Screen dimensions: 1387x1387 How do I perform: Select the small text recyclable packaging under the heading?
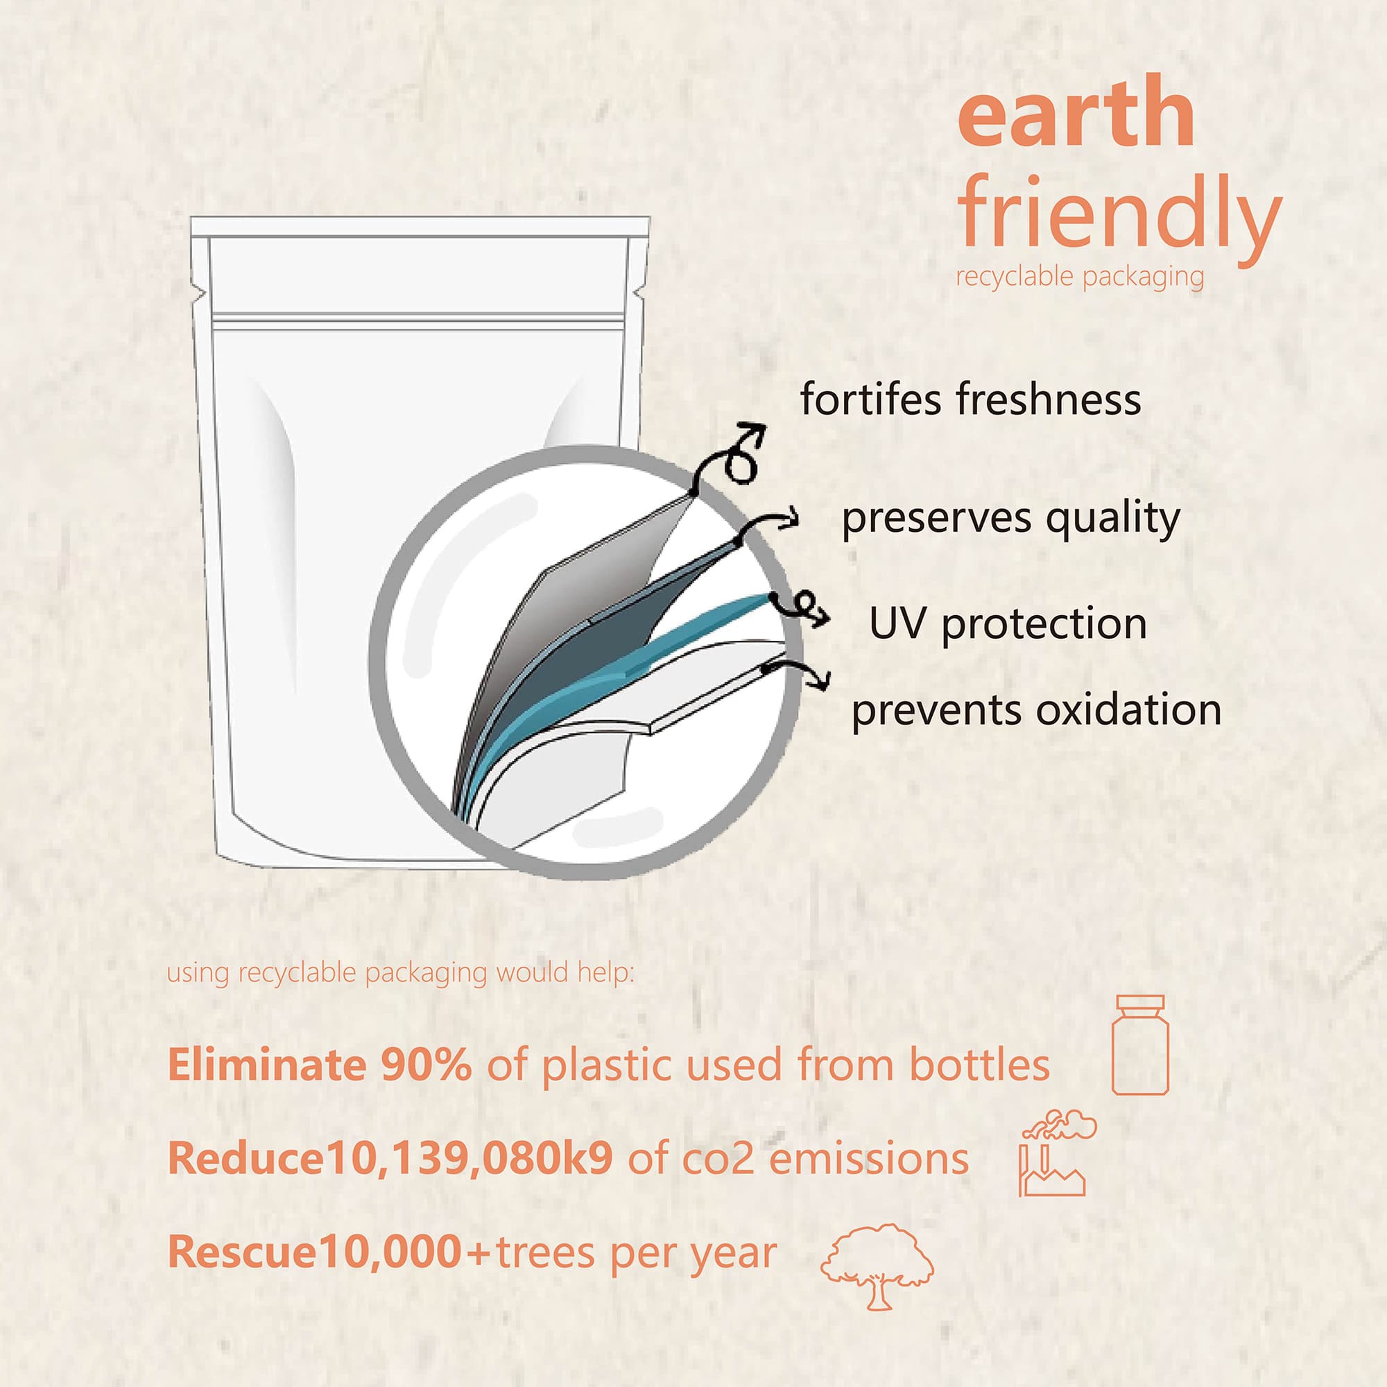pos(1080,277)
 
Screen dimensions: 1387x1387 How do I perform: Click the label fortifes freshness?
pos(971,399)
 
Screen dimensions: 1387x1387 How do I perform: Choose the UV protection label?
pos(1008,623)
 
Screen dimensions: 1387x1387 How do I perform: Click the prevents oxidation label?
pos(1037,711)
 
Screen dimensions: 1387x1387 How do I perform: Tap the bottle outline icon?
pos(1140,1044)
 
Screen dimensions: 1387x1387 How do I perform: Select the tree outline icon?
pos(877,1267)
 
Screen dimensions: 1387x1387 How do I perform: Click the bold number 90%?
pos(426,1065)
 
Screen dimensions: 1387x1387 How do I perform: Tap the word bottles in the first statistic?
pos(979,1065)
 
